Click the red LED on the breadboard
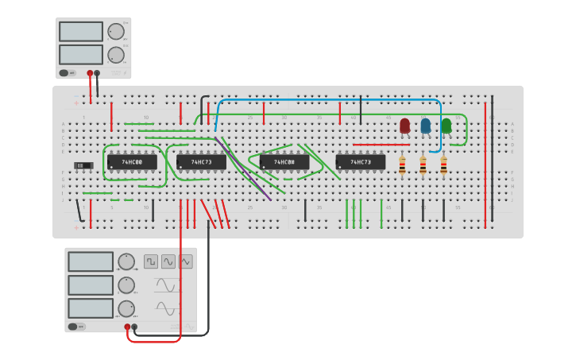[405, 126]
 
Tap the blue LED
[426, 126]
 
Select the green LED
[446, 126]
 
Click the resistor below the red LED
[402, 165]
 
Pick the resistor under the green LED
[443, 165]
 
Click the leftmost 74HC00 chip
[132, 161]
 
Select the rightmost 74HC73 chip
[361, 161]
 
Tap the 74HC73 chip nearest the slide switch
[201, 161]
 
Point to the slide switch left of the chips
[83, 165]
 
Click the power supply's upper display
[80, 32]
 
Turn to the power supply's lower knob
[116, 55]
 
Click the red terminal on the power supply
[90, 73]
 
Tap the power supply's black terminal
[97, 73]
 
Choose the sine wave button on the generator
[168, 261]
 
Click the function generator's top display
[90, 261]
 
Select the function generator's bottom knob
[126, 308]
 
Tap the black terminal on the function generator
[134, 327]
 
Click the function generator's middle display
[90, 285]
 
